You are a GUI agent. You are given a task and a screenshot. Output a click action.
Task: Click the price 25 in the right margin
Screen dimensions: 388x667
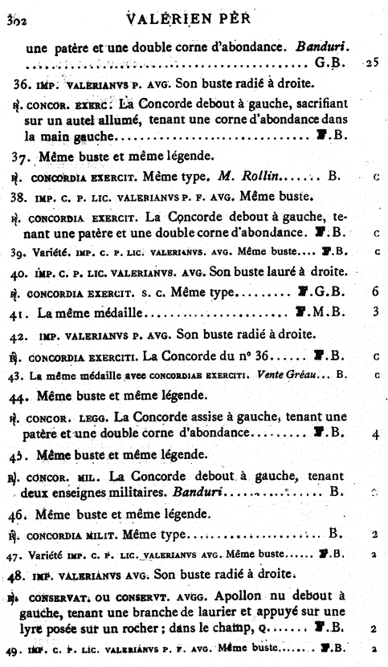coord(370,62)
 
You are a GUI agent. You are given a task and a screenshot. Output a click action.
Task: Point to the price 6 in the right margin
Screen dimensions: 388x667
coord(375,291)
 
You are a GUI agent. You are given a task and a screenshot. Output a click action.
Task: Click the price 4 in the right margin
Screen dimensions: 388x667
coord(375,435)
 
